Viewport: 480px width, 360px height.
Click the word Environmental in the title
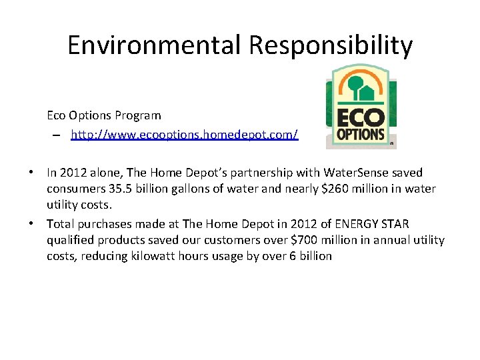[155, 45]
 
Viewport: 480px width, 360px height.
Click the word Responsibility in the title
[331, 45]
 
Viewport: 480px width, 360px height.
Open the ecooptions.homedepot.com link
[185, 135]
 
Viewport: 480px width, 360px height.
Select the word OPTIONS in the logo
[361, 133]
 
